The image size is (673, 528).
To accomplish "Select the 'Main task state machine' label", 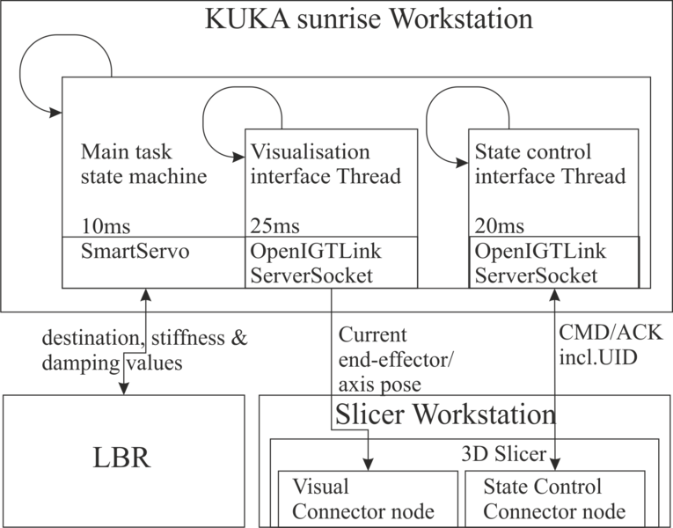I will click(x=143, y=163).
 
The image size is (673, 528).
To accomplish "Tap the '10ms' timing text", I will click(x=99, y=226).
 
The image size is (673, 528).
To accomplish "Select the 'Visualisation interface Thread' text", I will click(x=326, y=163).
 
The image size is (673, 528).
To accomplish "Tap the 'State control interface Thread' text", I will click(x=550, y=163).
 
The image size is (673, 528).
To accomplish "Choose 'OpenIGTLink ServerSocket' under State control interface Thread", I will click(x=537, y=263).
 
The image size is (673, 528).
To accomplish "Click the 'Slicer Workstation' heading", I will click(x=444, y=414).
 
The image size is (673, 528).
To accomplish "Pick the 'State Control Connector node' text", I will click(x=555, y=499).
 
